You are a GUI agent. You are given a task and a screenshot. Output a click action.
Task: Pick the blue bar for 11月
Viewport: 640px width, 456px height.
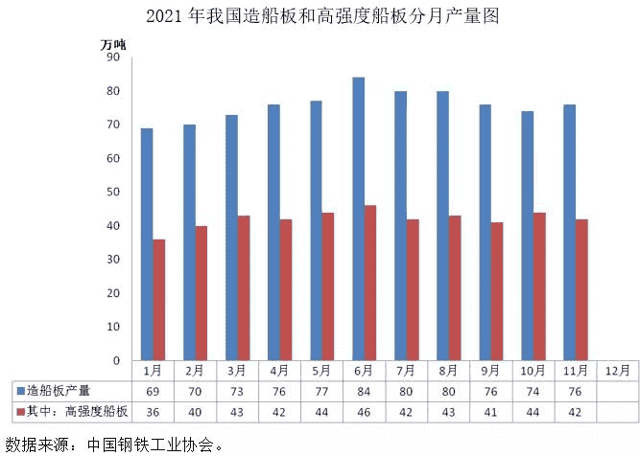coord(569,232)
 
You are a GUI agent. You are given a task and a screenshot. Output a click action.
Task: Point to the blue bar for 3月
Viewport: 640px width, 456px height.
coord(231,237)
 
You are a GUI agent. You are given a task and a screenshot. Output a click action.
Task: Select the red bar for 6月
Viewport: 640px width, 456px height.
coord(370,283)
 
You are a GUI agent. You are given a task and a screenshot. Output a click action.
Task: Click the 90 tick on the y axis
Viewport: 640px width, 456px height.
coord(112,57)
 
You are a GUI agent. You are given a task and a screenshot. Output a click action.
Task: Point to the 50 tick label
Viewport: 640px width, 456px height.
coord(112,193)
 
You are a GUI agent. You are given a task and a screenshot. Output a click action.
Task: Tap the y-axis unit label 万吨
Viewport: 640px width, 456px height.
coord(113,42)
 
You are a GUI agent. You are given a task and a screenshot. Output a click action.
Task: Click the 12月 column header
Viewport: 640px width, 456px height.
coord(617,370)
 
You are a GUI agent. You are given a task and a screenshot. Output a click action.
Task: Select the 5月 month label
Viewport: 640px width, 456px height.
coord(321,370)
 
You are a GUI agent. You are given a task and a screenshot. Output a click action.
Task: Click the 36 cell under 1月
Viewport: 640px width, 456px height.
coord(152,412)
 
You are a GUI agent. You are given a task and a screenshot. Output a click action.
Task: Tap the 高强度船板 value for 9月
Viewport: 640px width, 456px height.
coord(490,412)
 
